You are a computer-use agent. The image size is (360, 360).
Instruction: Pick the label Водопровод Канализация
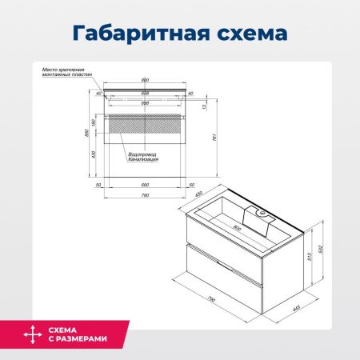142,157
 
